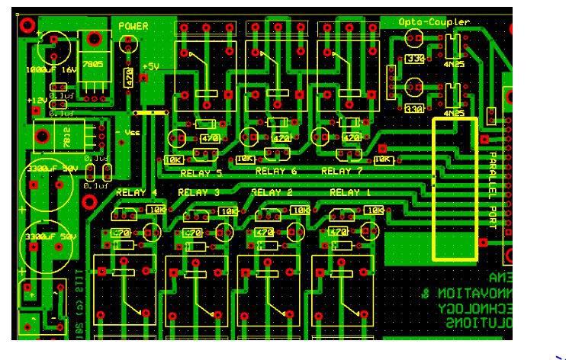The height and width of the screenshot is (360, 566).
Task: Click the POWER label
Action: coord(133,27)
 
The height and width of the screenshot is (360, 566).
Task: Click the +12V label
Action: coord(37,101)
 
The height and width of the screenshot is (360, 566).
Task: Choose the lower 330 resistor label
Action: coord(416,109)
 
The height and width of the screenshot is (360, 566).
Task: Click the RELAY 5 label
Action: coord(201,172)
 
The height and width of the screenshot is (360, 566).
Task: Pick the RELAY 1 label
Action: coord(349,192)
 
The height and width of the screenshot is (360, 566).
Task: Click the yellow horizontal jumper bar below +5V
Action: coord(150,112)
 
